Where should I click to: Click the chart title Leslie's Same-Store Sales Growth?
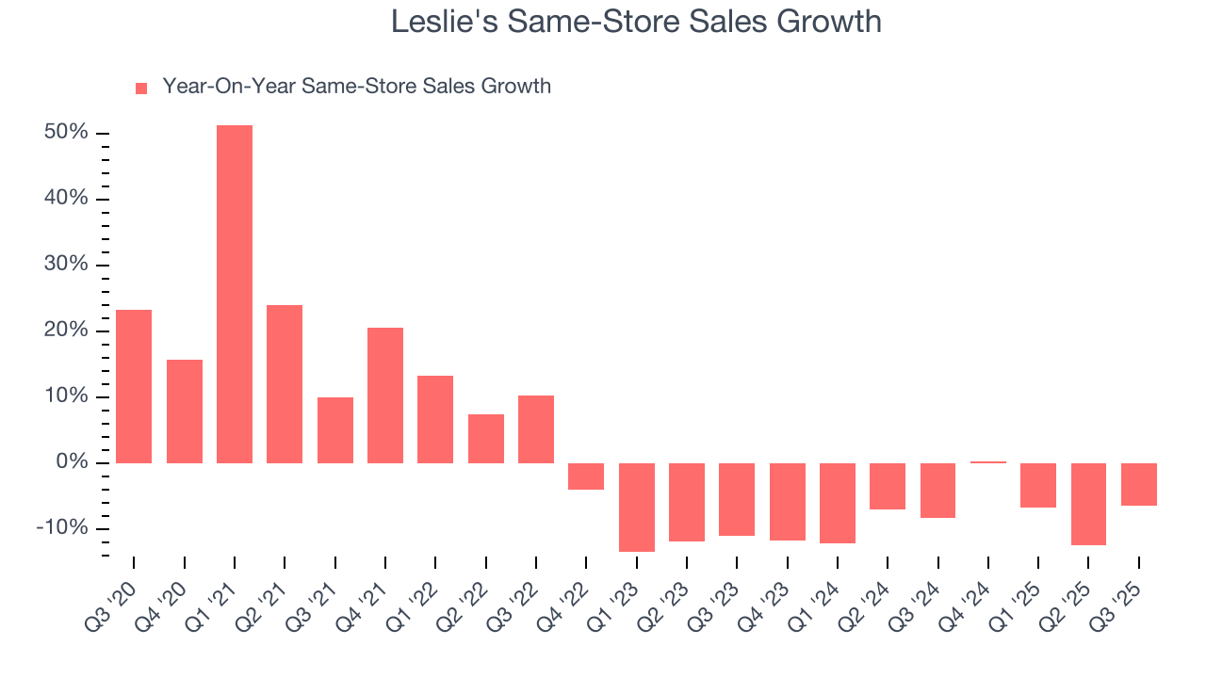pyautogui.click(x=636, y=21)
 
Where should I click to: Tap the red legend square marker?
pyautogui.click(x=141, y=88)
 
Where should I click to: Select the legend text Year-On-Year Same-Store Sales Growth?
pyautogui.click(x=356, y=87)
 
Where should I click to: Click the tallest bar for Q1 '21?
pyautogui.click(x=235, y=294)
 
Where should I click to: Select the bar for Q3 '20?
pyautogui.click(x=134, y=386)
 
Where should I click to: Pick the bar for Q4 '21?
pyautogui.click(x=385, y=395)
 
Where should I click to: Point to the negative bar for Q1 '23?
pyautogui.click(x=637, y=507)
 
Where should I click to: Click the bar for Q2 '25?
pyautogui.click(x=1088, y=504)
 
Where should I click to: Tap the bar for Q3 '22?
pyautogui.click(x=536, y=429)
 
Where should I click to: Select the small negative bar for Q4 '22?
pyautogui.click(x=586, y=476)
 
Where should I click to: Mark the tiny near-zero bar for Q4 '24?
pyautogui.click(x=988, y=462)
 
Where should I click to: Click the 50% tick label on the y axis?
pyautogui.click(x=66, y=133)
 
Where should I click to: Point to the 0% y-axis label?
pyautogui.click(x=72, y=462)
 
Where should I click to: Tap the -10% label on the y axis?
pyautogui.click(x=62, y=528)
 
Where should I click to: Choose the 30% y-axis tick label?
pyautogui.click(x=66, y=265)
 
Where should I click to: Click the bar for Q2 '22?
pyautogui.click(x=486, y=439)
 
